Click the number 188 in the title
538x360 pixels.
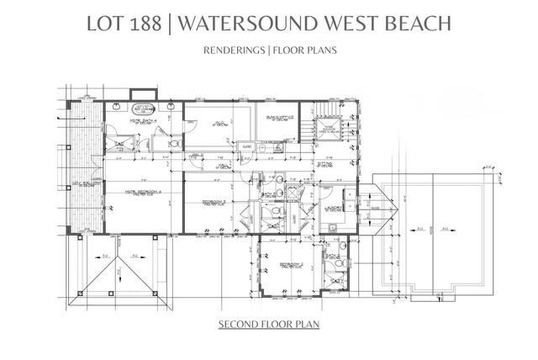[x=145, y=24]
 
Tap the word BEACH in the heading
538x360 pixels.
[x=415, y=24]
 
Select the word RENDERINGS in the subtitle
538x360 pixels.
[x=233, y=50]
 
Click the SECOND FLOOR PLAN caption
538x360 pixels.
[x=269, y=324]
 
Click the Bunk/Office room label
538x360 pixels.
[x=277, y=119]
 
